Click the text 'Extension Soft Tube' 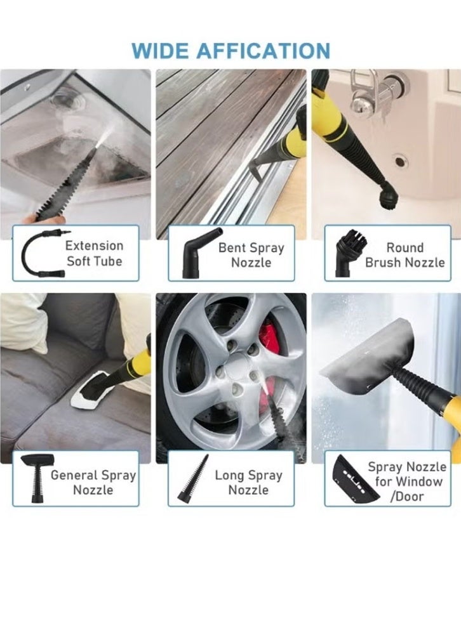[94, 253]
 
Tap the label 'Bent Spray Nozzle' [250, 255]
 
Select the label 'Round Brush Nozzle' [404, 255]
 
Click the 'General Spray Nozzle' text [93, 482]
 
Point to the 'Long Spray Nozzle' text [248, 482]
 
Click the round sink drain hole [401, 161]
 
